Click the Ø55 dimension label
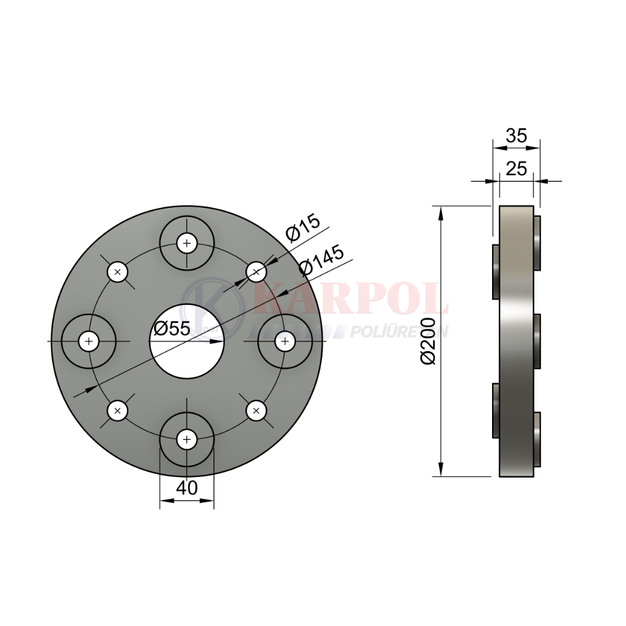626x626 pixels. pos(172,329)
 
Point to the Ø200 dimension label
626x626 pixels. pos(428,341)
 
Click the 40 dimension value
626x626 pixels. pos(187,488)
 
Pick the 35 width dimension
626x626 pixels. pos(516,136)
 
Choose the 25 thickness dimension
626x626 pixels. pos(516,169)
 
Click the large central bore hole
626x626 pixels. pos(187,341)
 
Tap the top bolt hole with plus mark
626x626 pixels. pos(187,243)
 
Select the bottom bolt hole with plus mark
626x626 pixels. pos(187,439)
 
